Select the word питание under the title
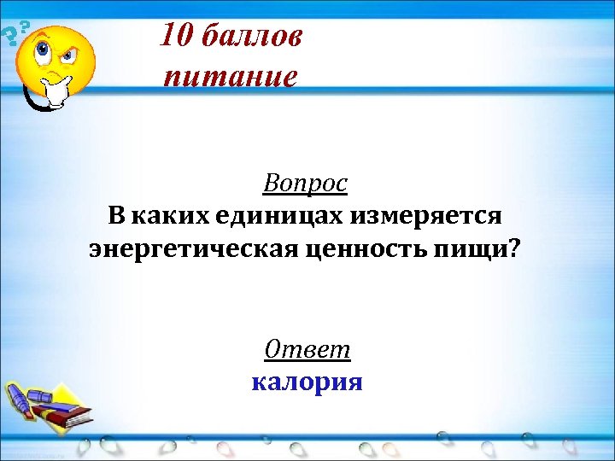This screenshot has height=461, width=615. (x=231, y=76)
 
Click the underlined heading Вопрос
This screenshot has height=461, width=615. (x=306, y=183)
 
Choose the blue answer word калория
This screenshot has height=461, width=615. (x=307, y=381)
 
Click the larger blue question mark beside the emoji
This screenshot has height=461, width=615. (x=9, y=37)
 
